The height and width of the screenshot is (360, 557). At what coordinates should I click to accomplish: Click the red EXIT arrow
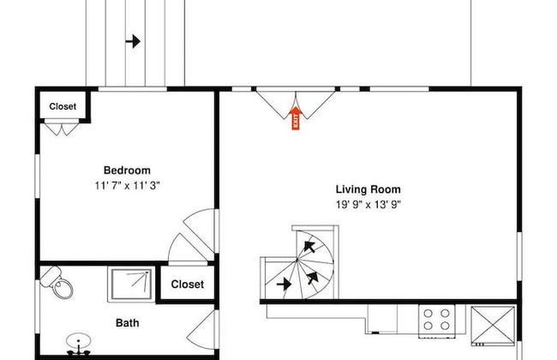coord(296,118)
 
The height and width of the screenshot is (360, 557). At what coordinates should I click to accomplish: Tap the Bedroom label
coord(127,171)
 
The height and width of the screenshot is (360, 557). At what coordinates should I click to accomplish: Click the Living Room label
coord(368,189)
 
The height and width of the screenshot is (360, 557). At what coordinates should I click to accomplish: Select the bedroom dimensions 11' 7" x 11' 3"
coord(127,185)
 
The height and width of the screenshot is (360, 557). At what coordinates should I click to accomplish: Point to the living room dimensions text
coord(368,205)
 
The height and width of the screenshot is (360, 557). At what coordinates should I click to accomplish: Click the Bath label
coord(127,323)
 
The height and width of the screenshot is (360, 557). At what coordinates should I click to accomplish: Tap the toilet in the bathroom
coord(57,282)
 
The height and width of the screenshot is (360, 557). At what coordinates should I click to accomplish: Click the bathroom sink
coord(79,344)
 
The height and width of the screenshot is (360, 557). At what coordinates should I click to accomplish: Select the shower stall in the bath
coord(132,285)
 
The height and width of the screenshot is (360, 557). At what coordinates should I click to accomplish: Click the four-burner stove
coord(436,320)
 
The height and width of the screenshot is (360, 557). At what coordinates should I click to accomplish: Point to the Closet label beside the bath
coord(187,285)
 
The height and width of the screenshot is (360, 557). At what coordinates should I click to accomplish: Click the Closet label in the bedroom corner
coord(63,106)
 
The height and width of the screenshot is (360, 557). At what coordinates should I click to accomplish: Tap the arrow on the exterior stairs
coord(133,41)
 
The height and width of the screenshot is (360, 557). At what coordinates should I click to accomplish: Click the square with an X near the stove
coord(493,325)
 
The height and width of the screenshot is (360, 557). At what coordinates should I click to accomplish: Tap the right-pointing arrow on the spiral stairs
coord(284,285)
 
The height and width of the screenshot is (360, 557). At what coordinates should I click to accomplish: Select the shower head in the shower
coord(146,273)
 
